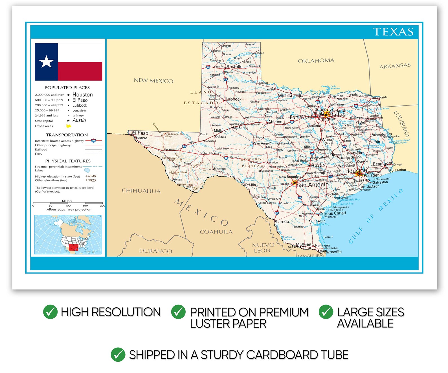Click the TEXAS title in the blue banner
click(x=393, y=32)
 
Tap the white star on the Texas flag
click(x=46, y=61)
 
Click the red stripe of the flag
click(x=80, y=71)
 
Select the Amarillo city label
click(x=234, y=67)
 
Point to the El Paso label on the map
click(x=140, y=133)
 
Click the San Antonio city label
click(x=312, y=185)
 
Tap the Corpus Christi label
click(x=333, y=213)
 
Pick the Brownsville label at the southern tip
click(x=330, y=251)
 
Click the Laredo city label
click(x=282, y=222)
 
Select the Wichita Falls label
click(x=290, y=96)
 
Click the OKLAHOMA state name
click(x=316, y=61)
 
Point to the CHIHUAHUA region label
click(x=141, y=191)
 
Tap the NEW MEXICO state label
click(x=153, y=81)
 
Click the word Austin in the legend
click(x=79, y=120)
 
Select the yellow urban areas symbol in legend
click(x=68, y=126)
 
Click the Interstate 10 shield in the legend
click(x=93, y=140)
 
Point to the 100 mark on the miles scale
click(x=68, y=206)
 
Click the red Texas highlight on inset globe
click(x=74, y=247)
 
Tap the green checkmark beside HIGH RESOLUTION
click(x=50, y=312)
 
